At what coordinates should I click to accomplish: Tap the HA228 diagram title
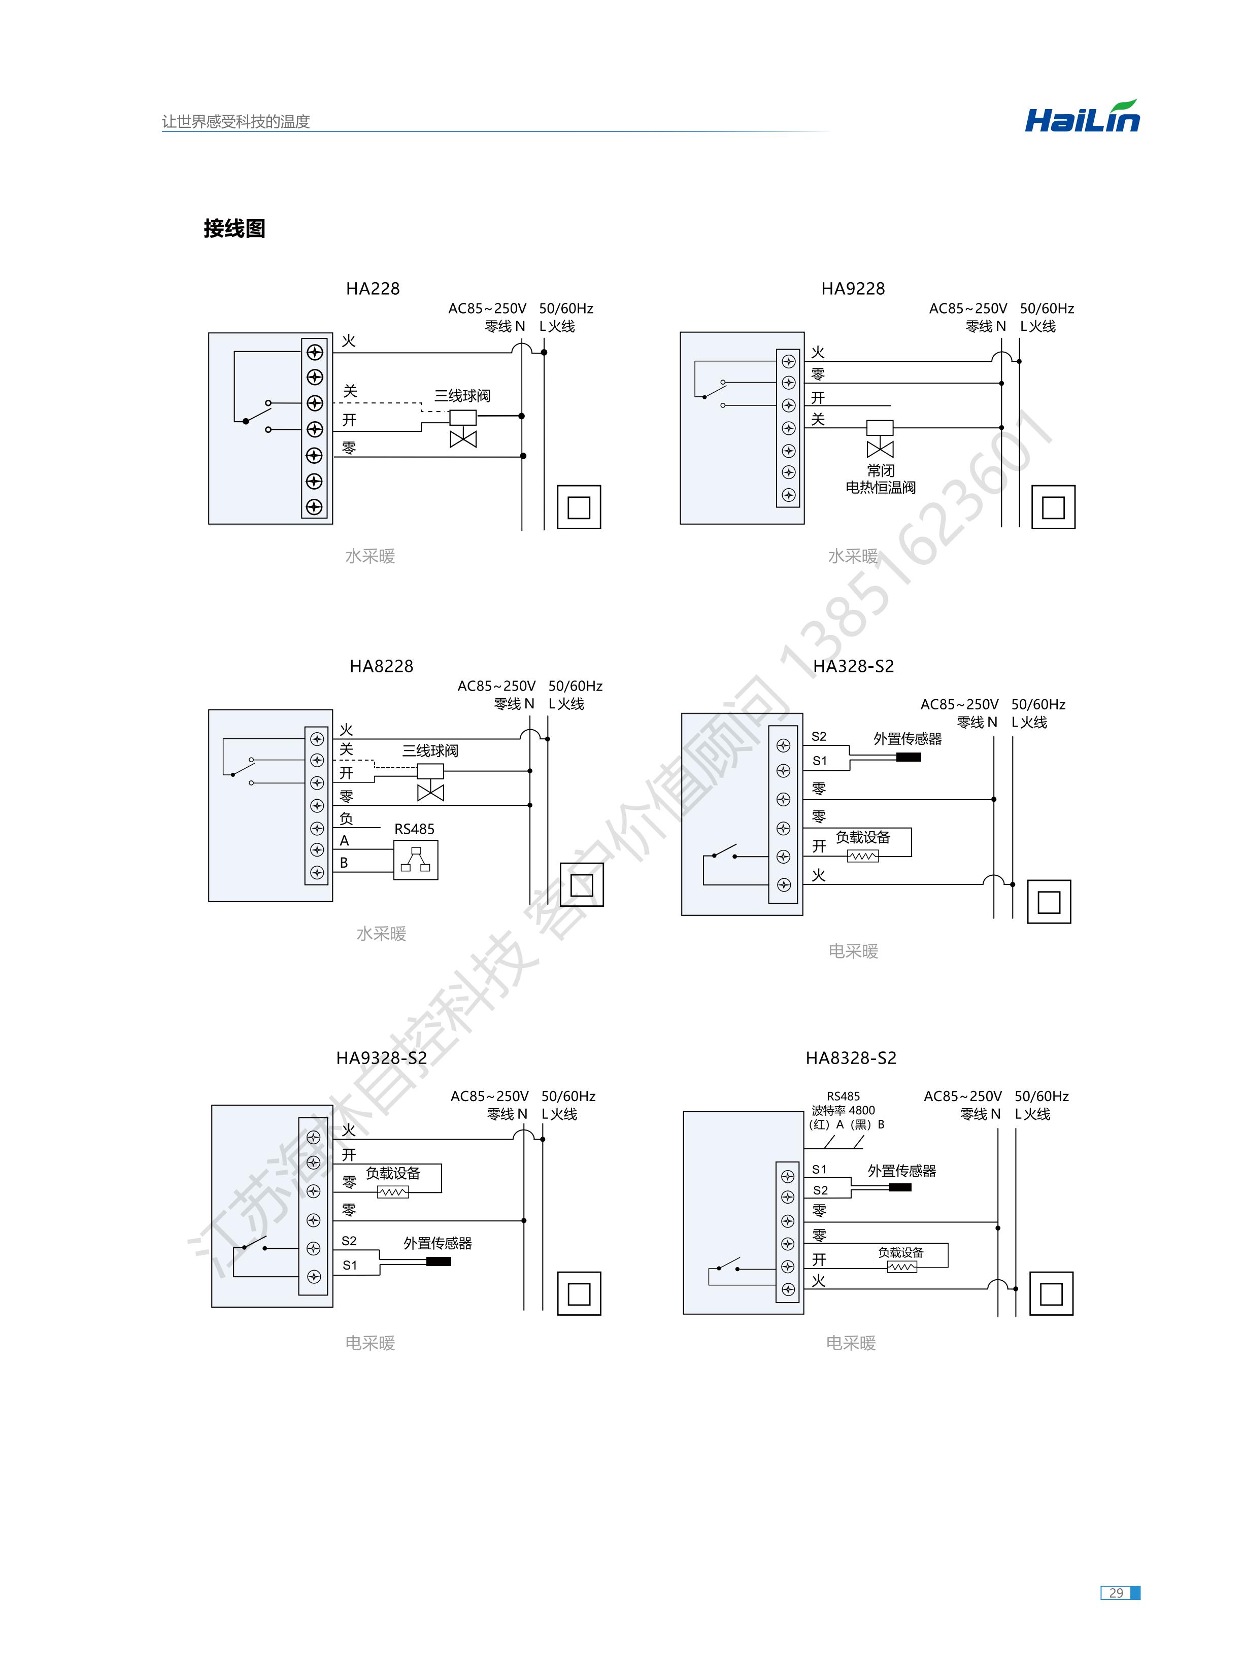pyautogui.click(x=373, y=289)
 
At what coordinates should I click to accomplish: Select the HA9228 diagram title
pyautogui.click(x=853, y=289)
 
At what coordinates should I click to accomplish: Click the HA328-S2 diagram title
pyautogui.click(x=853, y=666)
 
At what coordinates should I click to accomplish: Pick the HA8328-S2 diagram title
pyautogui.click(x=851, y=1058)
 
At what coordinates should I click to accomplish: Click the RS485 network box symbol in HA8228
pyautogui.click(x=415, y=860)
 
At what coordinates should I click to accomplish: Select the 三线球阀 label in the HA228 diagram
pyautogui.click(x=462, y=396)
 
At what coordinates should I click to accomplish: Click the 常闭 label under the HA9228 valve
pyautogui.click(x=880, y=471)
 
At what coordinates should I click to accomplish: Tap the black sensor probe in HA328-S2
pyautogui.click(x=908, y=757)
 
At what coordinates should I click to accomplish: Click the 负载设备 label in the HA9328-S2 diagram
pyautogui.click(x=393, y=1173)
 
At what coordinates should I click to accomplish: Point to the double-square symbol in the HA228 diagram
pyautogui.click(x=579, y=507)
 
